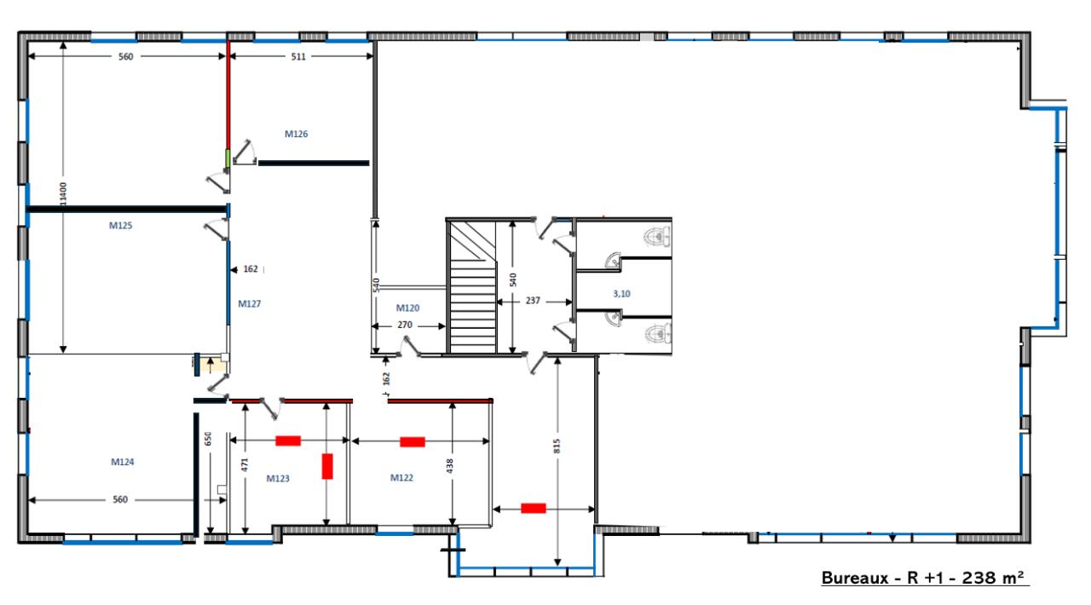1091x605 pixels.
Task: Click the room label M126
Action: (296, 134)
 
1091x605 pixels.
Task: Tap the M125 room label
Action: (120, 226)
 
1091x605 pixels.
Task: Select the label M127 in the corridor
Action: (250, 304)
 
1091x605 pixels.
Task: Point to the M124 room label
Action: (122, 462)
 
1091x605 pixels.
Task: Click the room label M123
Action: (278, 478)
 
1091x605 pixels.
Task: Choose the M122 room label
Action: (401, 478)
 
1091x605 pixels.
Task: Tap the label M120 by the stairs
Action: (407, 308)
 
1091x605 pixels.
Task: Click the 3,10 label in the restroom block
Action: (621, 294)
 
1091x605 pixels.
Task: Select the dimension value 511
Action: (298, 56)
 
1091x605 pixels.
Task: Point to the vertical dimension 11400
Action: (63, 194)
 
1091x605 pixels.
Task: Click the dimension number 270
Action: (405, 325)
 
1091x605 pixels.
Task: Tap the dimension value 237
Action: (533, 301)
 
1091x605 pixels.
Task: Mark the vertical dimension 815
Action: (557, 446)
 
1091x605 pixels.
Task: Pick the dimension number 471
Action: (245, 464)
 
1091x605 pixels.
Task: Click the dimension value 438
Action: (450, 466)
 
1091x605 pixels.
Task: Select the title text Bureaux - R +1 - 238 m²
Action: (925, 578)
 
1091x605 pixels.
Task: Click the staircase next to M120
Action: (472, 287)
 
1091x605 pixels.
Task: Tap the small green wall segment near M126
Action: (228, 158)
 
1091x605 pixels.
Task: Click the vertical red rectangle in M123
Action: (327, 466)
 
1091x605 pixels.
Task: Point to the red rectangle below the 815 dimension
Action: (534, 508)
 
